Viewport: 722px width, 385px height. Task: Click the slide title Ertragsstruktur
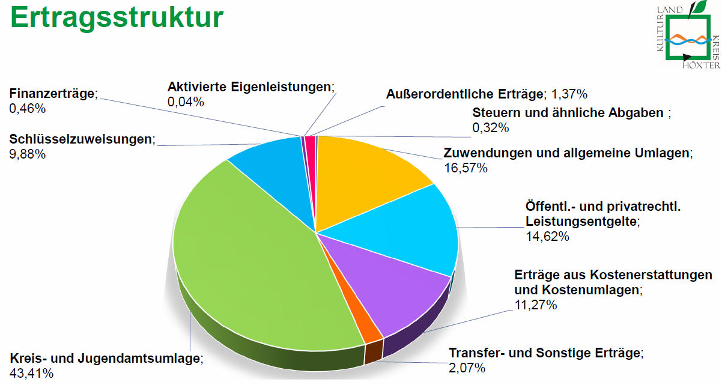pyautogui.click(x=117, y=18)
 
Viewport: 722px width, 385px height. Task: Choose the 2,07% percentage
pyautogui.click(x=467, y=368)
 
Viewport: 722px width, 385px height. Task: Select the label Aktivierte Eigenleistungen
pyautogui.click(x=250, y=86)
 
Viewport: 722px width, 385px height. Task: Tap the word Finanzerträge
pyautogui.click(x=52, y=94)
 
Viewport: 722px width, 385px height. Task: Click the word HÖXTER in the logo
pyautogui.click(x=701, y=64)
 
